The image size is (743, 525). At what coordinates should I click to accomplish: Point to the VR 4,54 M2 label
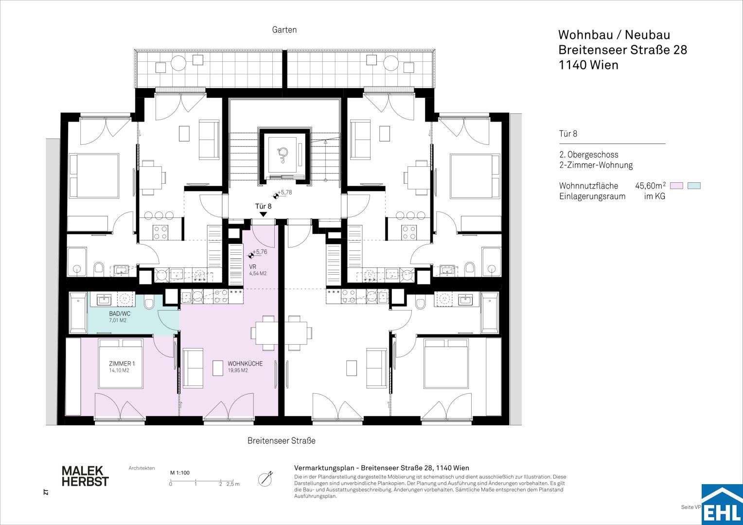[258, 270]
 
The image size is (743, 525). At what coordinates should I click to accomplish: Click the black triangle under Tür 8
[263, 214]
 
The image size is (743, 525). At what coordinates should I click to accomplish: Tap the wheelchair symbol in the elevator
[283, 155]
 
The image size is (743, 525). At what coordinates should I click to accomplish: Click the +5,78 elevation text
[284, 192]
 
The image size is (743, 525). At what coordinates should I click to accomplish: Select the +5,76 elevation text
[260, 252]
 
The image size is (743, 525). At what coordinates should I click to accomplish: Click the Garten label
[284, 30]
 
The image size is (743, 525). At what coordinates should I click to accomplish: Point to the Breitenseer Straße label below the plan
[281, 441]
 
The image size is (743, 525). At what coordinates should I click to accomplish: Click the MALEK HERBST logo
[85, 476]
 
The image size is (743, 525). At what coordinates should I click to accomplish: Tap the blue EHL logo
[722, 505]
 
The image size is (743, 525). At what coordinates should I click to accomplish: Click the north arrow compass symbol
[265, 479]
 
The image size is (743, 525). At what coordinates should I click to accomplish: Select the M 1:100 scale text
[180, 472]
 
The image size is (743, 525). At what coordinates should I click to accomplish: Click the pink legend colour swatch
[677, 186]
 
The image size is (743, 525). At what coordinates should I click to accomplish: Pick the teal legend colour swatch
[694, 186]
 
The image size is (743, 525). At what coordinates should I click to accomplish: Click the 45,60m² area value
[650, 185]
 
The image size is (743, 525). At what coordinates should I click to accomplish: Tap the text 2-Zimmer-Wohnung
[596, 165]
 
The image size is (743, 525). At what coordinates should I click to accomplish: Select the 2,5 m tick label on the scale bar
[233, 484]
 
